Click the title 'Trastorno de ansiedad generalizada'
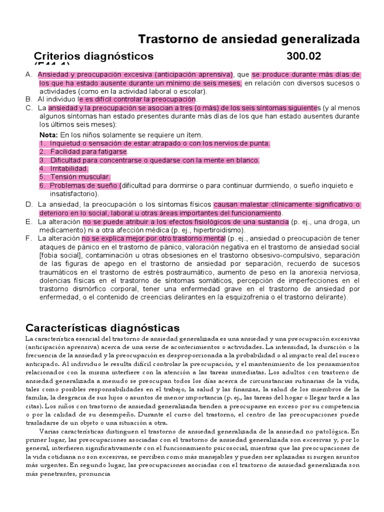(x=248, y=39)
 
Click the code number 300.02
(x=304, y=55)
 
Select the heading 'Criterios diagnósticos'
(x=93, y=55)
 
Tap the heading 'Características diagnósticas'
(x=102, y=328)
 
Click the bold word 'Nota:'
(x=48, y=135)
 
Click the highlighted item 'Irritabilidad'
(x=68, y=168)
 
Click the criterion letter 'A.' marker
(x=28, y=74)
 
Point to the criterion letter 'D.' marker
(x=28, y=204)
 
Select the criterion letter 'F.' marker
(x=28, y=238)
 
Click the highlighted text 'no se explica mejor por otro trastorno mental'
(x=153, y=238)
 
